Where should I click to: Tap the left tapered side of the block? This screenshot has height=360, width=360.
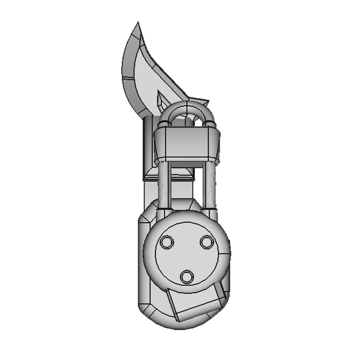pos(158,144)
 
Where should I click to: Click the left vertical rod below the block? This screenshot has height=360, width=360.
pos(166,184)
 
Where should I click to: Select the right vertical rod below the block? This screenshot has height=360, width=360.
pos(209,184)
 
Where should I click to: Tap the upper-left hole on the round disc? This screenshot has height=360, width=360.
pos(167,242)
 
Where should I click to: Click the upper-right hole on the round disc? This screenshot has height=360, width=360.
pos(207,242)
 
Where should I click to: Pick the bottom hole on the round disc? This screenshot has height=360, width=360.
pos(187,277)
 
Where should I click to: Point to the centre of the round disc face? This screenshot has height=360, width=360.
pos(187,254)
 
